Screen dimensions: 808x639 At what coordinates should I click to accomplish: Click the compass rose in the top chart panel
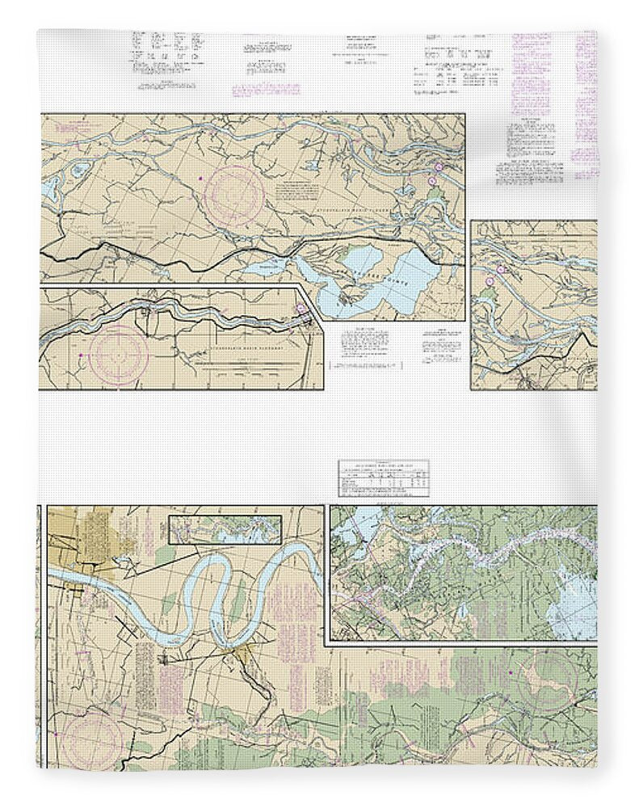(x=234, y=194)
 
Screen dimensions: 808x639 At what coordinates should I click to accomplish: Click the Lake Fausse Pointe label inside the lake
(x=364, y=287)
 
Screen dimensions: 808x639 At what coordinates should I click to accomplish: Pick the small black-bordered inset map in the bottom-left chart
(x=224, y=529)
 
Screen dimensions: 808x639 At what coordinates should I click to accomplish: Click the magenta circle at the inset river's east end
(x=302, y=308)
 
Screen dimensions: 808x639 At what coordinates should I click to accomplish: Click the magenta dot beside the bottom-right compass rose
(x=511, y=672)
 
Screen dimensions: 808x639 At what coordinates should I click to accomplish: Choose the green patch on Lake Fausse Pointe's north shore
(x=355, y=257)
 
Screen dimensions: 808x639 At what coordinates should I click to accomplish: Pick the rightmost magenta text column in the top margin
(x=585, y=105)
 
